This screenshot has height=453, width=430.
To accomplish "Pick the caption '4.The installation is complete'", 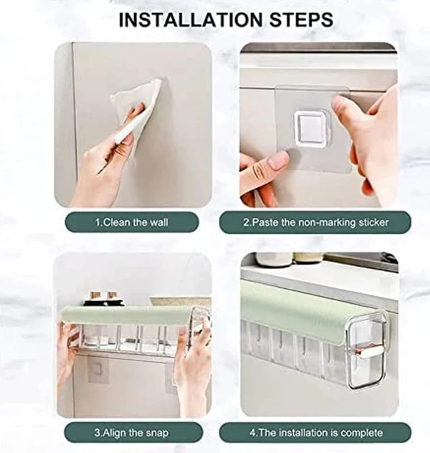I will (315, 433).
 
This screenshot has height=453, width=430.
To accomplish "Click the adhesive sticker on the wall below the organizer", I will (98, 369).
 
